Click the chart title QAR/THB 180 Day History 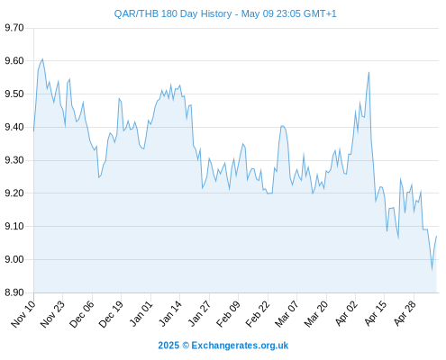click(x=173, y=13)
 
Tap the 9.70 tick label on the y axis click(x=14, y=28)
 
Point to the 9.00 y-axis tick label click(x=14, y=259)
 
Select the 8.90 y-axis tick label click(x=14, y=292)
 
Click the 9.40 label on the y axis click(x=14, y=127)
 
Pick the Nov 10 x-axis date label click(x=23, y=314)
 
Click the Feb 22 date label click(x=258, y=314)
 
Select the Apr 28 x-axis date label click(x=405, y=314)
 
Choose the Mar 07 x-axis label click(x=287, y=314)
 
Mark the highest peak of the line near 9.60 click(x=42, y=59)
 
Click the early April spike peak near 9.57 click(x=369, y=72)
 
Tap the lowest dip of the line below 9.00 click(x=432, y=269)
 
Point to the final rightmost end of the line click(x=436, y=237)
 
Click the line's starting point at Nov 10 click(x=33, y=131)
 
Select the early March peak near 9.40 click(x=282, y=126)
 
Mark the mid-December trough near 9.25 click(x=98, y=177)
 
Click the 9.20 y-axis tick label click(x=14, y=193)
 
